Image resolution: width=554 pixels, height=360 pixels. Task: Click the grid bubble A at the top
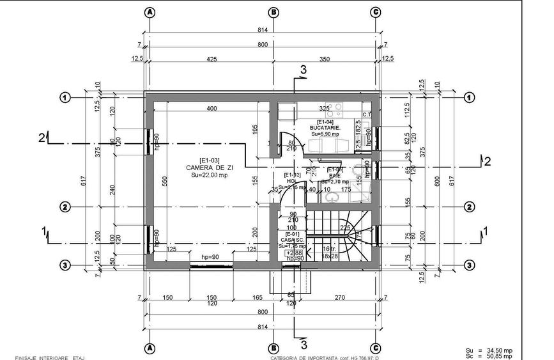coord(150,12)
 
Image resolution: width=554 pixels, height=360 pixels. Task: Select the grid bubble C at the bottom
coord(376,349)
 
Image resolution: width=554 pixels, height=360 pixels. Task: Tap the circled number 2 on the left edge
coord(65,207)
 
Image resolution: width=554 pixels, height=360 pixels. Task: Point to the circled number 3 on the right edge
coord(469,265)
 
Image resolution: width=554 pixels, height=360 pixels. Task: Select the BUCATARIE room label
coord(325,128)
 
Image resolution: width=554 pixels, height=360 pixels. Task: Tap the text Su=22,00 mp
coord(210,175)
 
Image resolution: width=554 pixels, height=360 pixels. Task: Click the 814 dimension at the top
coord(262,29)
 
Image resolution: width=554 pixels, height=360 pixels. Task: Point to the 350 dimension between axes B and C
coord(324,59)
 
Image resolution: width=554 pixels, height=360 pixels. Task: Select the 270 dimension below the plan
coord(340,298)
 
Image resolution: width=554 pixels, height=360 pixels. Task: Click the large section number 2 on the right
coord(487,161)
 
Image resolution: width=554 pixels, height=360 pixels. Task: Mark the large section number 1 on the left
coord(44,231)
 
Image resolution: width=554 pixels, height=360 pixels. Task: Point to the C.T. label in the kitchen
coord(367,115)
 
